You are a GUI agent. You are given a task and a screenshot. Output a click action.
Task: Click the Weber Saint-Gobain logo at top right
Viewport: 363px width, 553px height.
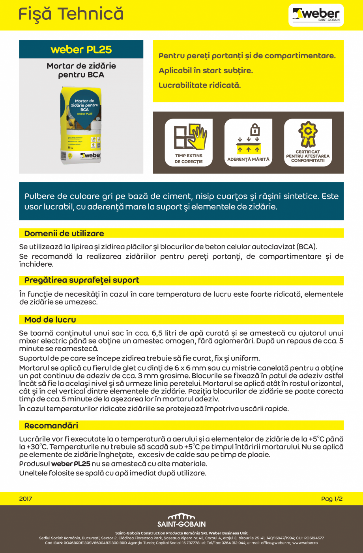[x=316, y=15]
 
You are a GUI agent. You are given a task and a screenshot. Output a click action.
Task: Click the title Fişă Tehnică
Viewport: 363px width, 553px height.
[x=71, y=15]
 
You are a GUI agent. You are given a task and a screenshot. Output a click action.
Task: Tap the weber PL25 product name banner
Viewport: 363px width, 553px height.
[x=81, y=50]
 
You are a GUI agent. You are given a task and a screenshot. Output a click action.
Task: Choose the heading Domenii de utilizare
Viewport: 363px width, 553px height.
[x=64, y=234]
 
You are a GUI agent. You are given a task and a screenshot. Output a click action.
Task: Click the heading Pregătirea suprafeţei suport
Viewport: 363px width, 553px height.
[x=82, y=280]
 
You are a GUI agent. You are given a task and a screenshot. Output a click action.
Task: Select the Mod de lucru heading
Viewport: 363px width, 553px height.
[x=50, y=320]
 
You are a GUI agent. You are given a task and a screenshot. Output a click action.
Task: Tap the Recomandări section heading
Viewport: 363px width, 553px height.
[x=51, y=425]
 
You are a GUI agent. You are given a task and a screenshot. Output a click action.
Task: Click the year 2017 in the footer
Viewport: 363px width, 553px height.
[x=26, y=499]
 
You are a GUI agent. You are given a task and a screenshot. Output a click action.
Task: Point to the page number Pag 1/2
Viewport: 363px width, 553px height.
[x=332, y=499]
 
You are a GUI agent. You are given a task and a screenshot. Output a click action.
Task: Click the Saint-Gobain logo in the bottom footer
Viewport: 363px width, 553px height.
[x=181, y=520]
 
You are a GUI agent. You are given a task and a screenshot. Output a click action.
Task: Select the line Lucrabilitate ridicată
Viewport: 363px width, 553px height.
[x=200, y=85]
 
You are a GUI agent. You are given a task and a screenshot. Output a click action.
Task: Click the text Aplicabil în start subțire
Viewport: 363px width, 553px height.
[x=206, y=71]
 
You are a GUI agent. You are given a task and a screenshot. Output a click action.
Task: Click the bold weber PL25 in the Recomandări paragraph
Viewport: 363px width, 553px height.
[x=71, y=464]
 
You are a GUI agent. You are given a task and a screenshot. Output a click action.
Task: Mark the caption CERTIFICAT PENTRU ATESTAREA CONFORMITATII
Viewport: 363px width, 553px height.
[x=308, y=156]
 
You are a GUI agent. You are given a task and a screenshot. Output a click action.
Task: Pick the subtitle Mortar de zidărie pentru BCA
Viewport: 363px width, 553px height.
[x=81, y=70]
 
